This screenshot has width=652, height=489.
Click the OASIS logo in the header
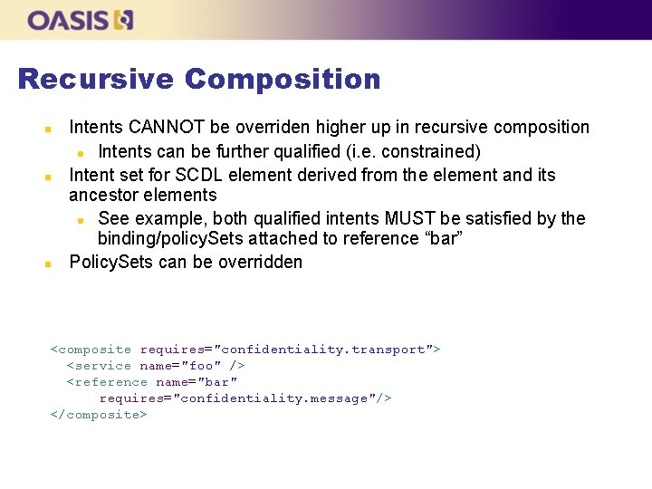[x=81, y=20]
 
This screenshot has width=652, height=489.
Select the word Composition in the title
[x=283, y=80]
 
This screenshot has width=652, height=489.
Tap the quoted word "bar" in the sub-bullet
[x=446, y=239]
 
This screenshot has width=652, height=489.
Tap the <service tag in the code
[x=99, y=366]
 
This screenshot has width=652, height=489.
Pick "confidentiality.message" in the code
[x=274, y=398]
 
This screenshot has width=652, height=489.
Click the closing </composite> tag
[x=98, y=415]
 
